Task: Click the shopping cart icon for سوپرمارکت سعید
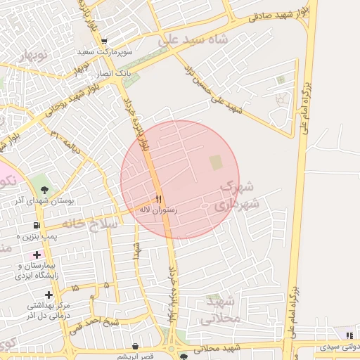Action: coord(104,42)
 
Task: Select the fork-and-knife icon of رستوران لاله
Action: coord(158,199)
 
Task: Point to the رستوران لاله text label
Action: coord(158,210)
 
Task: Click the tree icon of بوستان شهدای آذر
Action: coord(45,190)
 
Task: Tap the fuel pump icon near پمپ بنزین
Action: coord(35,226)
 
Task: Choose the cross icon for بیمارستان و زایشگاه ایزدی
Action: coord(37,254)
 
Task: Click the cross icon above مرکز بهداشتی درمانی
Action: coord(49,295)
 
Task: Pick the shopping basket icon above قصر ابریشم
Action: coord(136,345)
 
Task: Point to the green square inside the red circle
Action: coord(215,162)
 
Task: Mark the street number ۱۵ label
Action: coord(75,287)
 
